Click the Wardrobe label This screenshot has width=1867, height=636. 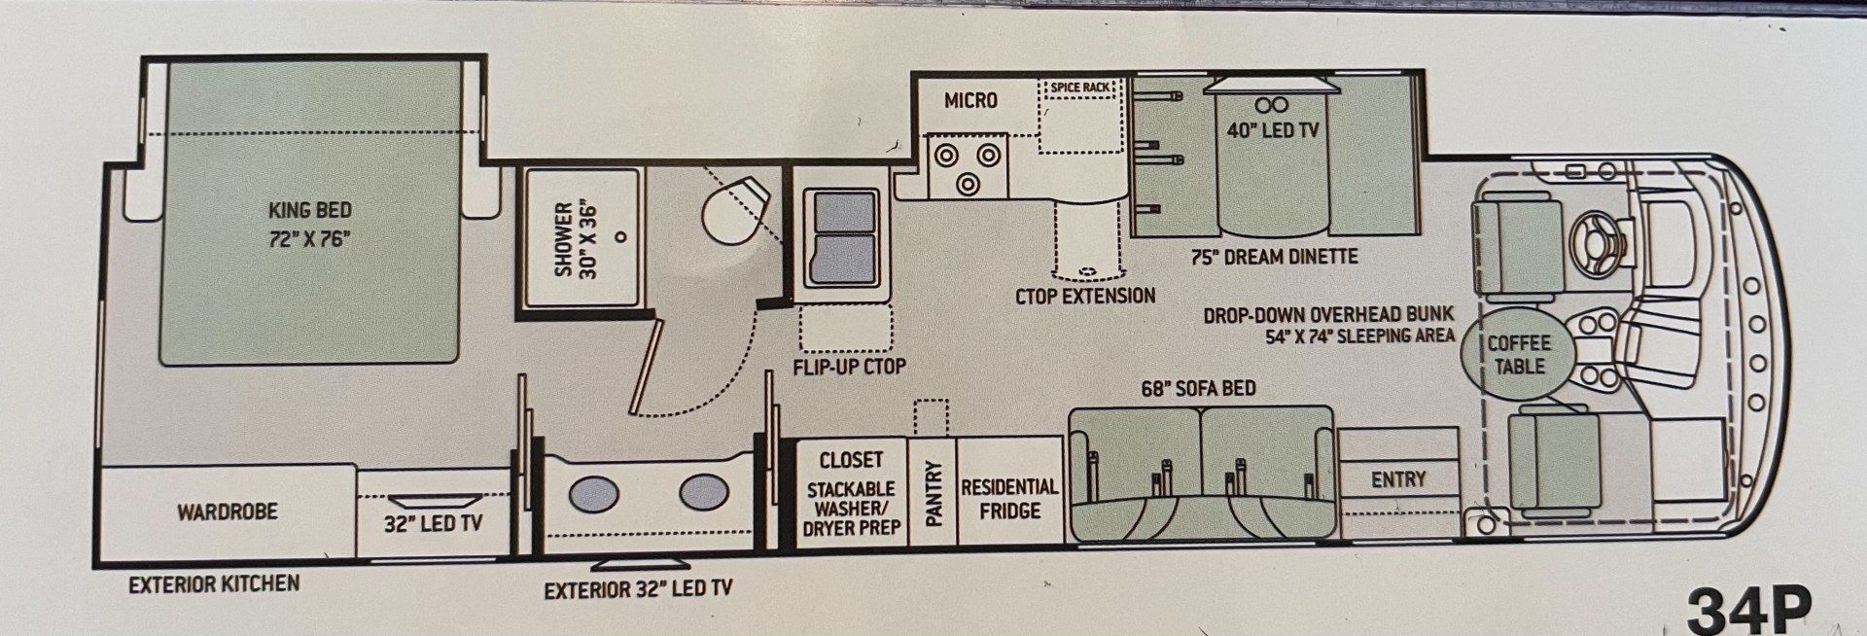click(228, 512)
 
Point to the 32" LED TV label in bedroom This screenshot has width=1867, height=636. click(434, 523)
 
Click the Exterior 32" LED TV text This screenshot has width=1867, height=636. click(638, 589)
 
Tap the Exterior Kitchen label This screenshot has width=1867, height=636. click(214, 583)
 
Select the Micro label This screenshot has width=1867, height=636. click(970, 100)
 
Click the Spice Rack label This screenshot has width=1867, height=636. click(1080, 88)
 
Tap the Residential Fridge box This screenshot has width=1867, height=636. click(1009, 491)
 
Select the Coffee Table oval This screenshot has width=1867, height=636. click(1519, 355)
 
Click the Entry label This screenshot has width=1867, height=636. click(1398, 479)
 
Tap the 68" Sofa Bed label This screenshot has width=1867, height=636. click(1199, 389)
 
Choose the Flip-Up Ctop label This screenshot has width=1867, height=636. click(850, 367)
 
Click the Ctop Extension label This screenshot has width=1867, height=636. click(1085, 296)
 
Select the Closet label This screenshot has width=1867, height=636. click(851, 460)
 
